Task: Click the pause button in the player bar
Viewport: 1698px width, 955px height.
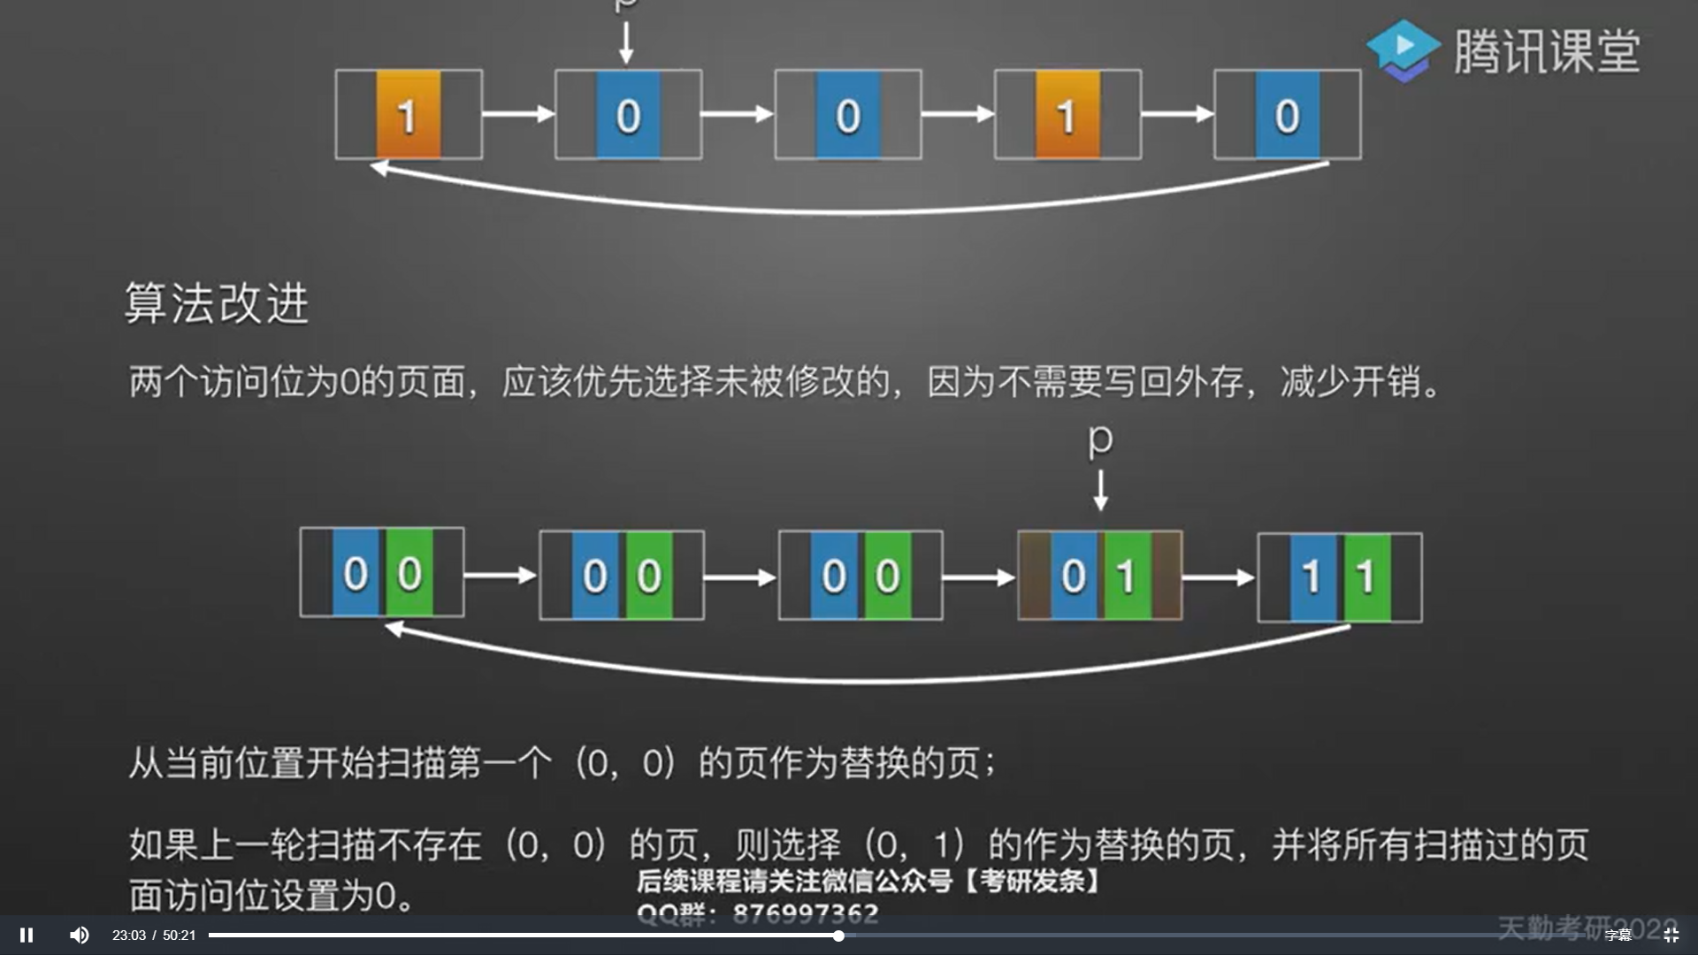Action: pos(27,935)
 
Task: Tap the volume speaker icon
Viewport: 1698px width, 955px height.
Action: pos(80,935)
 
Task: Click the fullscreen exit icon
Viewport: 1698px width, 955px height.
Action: pos(1671,935)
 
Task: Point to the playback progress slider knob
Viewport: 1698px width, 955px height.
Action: pos(838,936)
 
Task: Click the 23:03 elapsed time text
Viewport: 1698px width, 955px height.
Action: pos(129,936)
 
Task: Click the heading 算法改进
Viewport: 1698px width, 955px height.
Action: pos(217,304)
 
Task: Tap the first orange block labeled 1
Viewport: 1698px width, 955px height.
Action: pos(408,115)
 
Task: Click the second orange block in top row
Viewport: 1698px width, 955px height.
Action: pos(1067,115)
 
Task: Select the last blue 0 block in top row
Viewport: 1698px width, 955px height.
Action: pos(1287,115)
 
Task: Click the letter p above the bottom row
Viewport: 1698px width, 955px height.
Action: pos(1100,439)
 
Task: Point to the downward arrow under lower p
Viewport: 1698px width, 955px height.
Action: pos(1100,490)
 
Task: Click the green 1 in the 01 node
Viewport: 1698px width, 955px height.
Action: pos(1127,577)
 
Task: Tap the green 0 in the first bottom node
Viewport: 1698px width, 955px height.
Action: pos(409,574)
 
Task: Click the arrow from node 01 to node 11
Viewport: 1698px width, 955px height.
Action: pos(1219,578)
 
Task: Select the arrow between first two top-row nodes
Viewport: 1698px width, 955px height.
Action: pos(518,114)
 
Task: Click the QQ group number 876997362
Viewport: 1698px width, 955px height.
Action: pos(805,913)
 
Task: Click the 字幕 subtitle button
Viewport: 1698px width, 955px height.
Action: pos(1618,936)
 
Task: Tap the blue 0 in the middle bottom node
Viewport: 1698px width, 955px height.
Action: pos(834,577)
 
